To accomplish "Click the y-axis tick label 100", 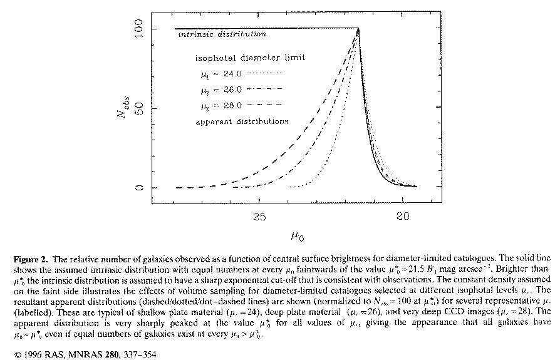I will tap(139, 29).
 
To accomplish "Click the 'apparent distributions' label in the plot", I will tap(242, 121).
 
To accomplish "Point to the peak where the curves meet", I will tap(358, 29).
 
